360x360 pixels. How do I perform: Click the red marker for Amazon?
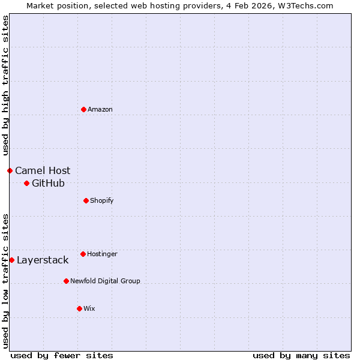pos(83,109)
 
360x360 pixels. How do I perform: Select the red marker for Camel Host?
pos(10,170)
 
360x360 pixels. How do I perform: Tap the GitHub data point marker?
pos(26,183)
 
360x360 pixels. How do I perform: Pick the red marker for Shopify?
pos(86,200)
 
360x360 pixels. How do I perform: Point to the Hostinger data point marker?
pos(83,254)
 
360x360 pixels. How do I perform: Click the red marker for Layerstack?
pos(11,260)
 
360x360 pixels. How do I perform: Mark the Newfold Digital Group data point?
pos(66,281)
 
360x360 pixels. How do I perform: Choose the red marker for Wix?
pos(79,308)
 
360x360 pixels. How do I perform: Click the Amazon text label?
pos(100,109)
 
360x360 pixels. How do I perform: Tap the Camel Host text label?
pos(43,170)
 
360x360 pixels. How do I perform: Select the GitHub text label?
pos(48,183)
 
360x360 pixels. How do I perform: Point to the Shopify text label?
pos(102,200)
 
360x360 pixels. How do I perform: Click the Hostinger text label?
pos(102,254)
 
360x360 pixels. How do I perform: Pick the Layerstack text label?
pos(43,260)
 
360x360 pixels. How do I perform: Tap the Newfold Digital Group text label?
pos(105,281)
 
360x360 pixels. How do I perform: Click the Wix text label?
pos(89,308)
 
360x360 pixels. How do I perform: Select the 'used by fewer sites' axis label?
pos(62,355)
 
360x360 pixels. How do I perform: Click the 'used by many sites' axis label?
pos(301,355)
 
